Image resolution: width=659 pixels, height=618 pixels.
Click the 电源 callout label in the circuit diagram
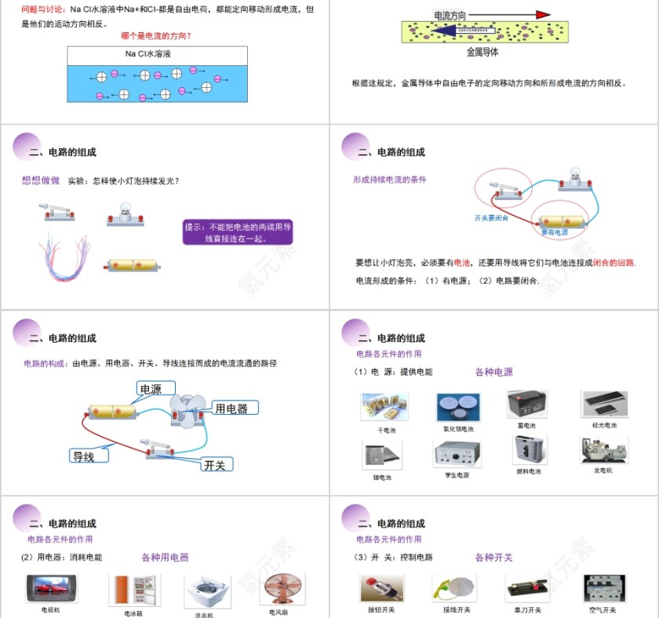pyautogui.click(x=156, y=389)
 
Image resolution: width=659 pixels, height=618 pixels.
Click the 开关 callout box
pyautogui.click(x=216, y=464)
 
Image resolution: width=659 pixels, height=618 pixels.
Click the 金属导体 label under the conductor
pyautogui.click(x=482, y=53)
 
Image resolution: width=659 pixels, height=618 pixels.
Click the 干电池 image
pyautogui.click(x=384, y=408)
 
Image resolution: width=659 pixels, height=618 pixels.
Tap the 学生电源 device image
pyautogui.click(x=456, y=454)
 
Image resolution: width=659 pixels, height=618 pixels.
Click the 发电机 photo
pyautogui.click(x=603, y=450)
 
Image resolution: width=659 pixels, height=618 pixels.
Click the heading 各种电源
pyautogui.click(x=493, y=372)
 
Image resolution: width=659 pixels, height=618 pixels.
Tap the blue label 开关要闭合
pyautogui.click(x=491, y=218)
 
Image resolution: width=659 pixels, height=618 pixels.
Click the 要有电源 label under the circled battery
pyautogui.click(x=555, y=232)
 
